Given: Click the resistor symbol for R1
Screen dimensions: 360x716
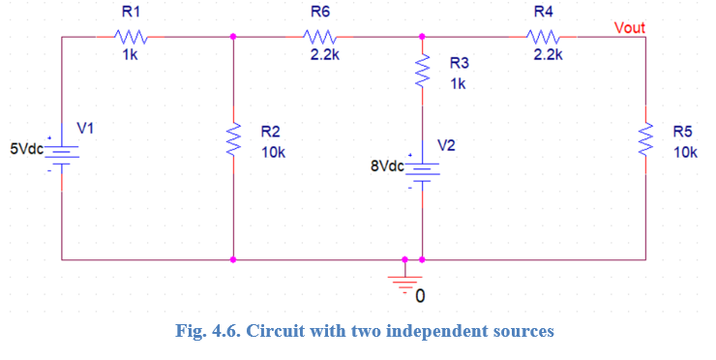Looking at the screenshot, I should [130, 37].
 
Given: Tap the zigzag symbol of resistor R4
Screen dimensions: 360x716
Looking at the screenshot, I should [542, 37].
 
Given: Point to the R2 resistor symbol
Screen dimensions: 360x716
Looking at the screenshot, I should [234, 143].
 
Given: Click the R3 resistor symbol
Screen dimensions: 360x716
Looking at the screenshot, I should [423, 71].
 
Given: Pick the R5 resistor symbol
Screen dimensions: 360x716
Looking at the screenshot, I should [645, 143].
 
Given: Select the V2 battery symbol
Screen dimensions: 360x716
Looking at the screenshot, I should [423, 170].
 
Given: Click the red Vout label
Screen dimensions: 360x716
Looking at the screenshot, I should [630, 27].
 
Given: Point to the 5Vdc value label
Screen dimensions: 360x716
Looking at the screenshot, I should [27, 150].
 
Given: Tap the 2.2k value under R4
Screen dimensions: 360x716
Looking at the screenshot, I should [548, 55].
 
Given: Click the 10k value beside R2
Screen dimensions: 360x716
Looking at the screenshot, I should [273, 152].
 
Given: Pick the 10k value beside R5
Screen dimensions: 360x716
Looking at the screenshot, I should [685, 152].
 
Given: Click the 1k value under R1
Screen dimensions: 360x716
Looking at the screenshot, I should [130, 55].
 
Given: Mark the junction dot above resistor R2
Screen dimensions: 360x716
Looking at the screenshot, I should [234, 37].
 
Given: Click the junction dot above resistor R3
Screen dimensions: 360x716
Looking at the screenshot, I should [423, 37].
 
